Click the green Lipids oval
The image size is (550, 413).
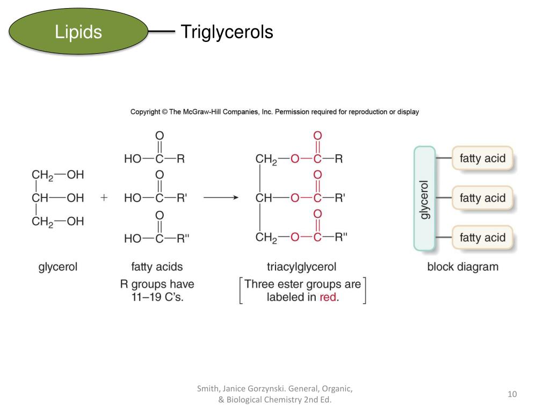tap(78, 32)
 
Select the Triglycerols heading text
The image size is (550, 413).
tap(227, 32)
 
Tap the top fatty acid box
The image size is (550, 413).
tap(482, 159)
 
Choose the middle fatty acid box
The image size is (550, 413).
tap(482, 198)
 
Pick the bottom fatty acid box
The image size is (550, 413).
tap(482, 237)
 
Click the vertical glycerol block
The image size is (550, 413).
tap(424, 198)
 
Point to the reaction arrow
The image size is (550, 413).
tap(220, 198)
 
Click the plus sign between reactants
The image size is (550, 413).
tap(104, 198)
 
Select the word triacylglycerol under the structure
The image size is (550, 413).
tap(301, 267)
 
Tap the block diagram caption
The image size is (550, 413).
tap(462, 267)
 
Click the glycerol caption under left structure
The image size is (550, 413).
tap(58, 267)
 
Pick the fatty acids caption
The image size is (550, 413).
tap(157, 267)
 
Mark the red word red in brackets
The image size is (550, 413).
tap(328, 297)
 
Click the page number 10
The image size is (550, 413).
tap(512, 395)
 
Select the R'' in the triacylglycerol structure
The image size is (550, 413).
tap(342, 237)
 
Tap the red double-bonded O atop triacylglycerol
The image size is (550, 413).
tap(317, 136)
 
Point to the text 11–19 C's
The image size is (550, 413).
tap(157, 297)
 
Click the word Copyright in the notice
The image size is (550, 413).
tap(144, 112)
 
